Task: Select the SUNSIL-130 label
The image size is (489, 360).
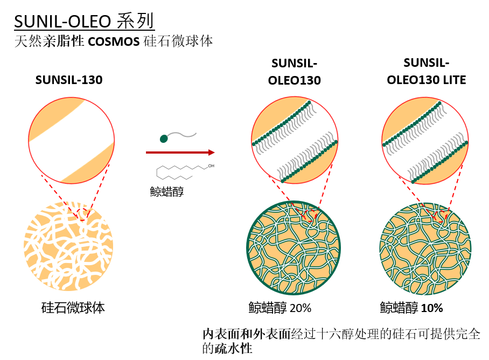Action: pyautogui.click(x=69, y=80)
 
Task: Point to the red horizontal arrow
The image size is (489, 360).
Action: pyautogui.click(x=180, y=153)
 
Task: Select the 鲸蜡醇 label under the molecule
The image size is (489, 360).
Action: pyautogui.click(x=167, y=191)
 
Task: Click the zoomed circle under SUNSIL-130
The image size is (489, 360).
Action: pyautogui.click(x=72, y=140)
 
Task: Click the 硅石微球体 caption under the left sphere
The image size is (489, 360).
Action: pyautogui.click(x=73, y=308)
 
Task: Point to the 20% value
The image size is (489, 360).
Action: pyautogui.click(x=301, y=308)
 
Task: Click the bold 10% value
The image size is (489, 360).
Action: pyautogui.click(x=432, y=308)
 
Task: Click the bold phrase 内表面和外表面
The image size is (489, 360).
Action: pyautogui.click(x=246, y=334)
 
